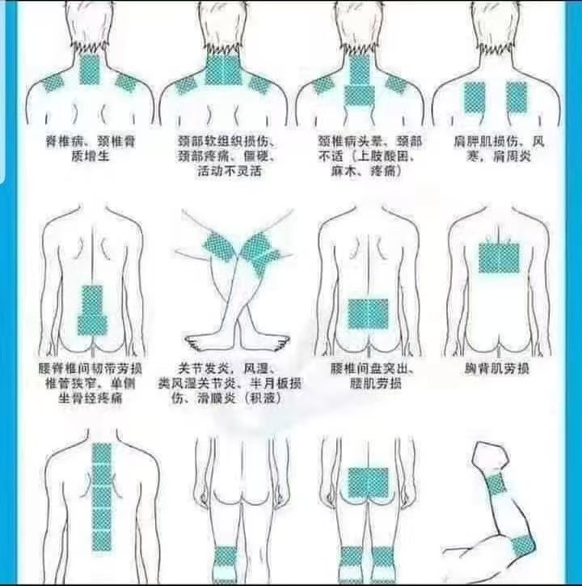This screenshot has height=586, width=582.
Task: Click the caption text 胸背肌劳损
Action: tap(496, 369)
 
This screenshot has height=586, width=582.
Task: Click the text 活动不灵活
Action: tap(230, 171)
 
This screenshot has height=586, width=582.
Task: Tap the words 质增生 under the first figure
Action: tap(91, 156)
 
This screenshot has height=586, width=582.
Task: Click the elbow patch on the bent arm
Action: tap(523, 546)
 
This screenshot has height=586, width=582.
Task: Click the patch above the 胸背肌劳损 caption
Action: tap(499, 257)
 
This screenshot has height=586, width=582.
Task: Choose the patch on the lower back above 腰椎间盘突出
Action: tap(368, 313)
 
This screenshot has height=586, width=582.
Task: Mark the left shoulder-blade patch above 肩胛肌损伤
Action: tap(474, 98)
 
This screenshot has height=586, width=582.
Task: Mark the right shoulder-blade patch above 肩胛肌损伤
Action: tap(517, 98)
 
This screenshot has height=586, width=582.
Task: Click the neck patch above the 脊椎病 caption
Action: tap(89, 70)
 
